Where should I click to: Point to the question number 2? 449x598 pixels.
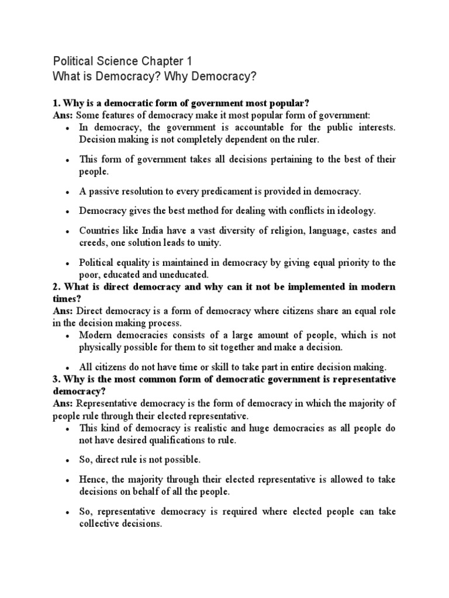56,287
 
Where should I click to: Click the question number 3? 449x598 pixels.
56,380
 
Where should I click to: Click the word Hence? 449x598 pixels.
92,479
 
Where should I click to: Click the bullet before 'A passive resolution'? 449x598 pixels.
69,192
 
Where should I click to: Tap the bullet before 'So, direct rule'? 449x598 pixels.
69,461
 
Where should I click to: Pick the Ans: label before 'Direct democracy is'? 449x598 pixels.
63,311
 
